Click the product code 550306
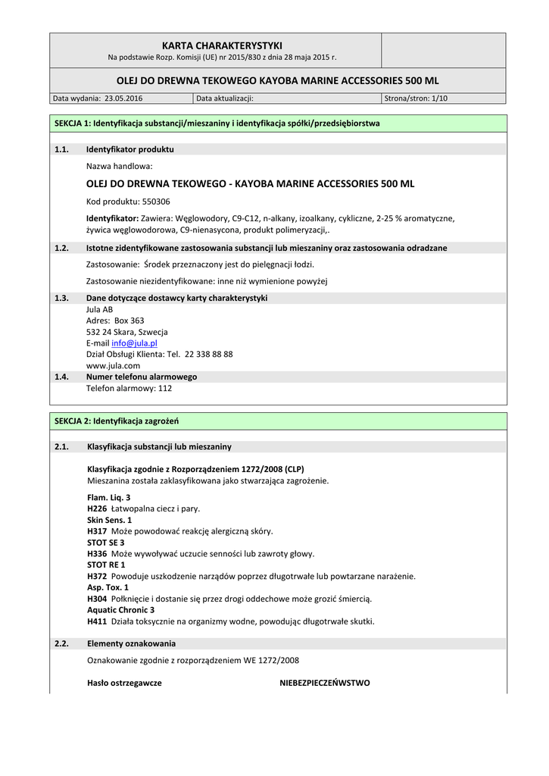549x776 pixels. point(155,202)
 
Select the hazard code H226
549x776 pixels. point(97,508)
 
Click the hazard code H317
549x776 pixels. point(97,531)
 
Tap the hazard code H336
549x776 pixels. point(97,554)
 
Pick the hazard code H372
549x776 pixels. point(97,577)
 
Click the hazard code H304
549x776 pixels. point(97,599)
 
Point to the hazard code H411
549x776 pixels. point(97,621)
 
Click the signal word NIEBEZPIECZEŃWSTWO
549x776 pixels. point(325,683)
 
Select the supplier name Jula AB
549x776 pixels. point(99,309)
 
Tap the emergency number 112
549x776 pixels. point(164,389)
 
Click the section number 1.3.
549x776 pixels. point(62,298)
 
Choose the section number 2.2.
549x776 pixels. point(62,643)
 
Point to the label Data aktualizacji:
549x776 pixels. point(225,99)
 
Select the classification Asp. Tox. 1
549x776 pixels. point(108,587)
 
